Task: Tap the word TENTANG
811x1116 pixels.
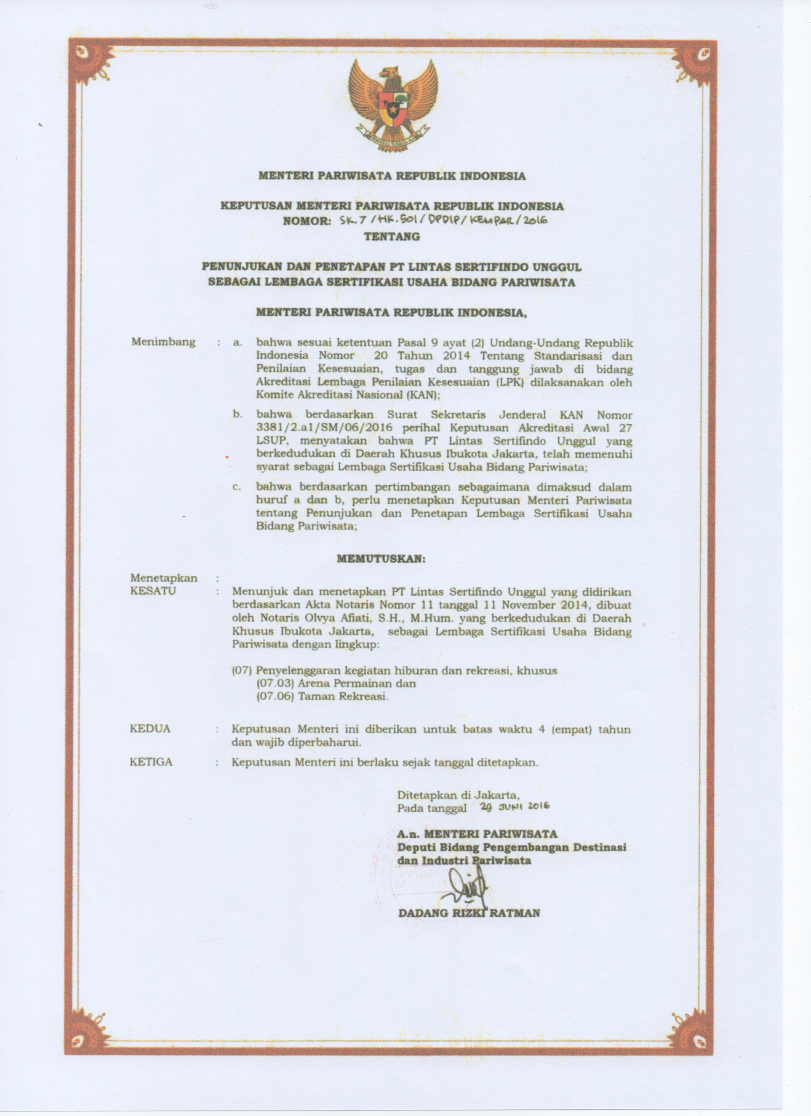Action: (392, 237)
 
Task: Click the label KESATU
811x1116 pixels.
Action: (153, 591)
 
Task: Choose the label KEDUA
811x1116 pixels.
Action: (150, 729)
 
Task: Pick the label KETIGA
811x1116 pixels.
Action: (151, 762)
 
